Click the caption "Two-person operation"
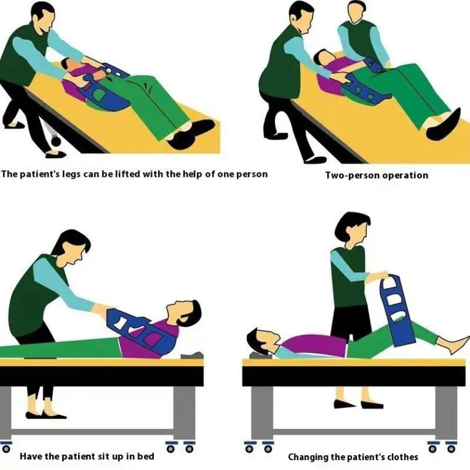[x=377, y=175]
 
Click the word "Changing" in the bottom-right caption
[x=308, y=456]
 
